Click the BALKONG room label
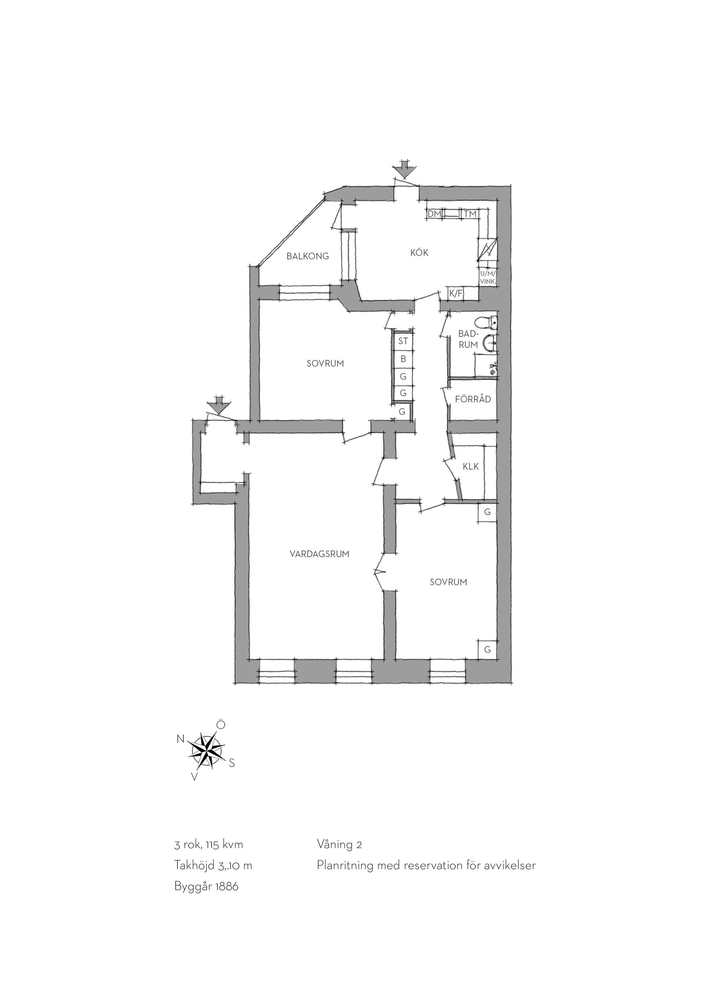point(307,256)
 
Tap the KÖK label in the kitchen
point(419,252)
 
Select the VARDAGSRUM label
point(319,554)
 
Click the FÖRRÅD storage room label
point(473,398)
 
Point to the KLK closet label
point(471,466)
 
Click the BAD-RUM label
point(468,339)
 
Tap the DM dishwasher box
point(434,214)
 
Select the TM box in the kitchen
point(470,214)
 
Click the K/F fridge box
point(456,294)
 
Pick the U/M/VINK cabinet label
point(488,277)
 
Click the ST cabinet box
point(403,341)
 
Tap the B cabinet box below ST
point(403,359)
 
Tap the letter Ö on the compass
point(221,725)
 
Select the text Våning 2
point(340,844)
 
